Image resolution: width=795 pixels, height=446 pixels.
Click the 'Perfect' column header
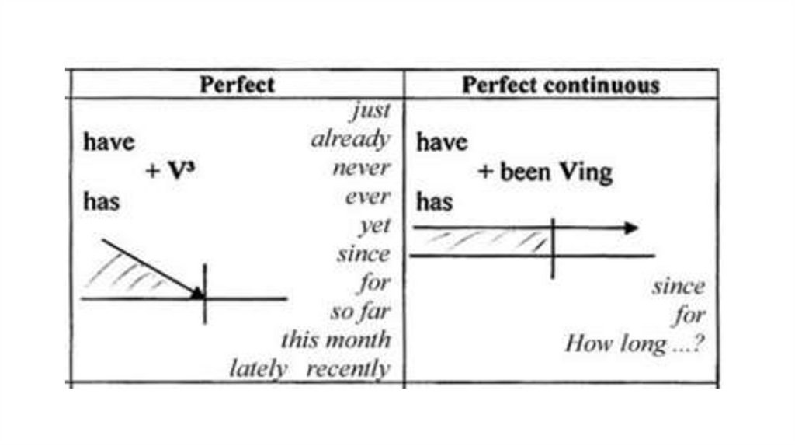coord(237,84)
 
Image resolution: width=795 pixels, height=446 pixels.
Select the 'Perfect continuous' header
coord(561,85)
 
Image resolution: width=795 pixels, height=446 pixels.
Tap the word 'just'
coord(370,111)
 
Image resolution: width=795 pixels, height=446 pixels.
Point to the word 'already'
coord(350,140)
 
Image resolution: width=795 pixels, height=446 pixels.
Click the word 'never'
coord(361,169)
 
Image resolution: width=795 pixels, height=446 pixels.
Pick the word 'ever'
coord(367,197)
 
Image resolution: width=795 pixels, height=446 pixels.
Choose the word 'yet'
coord(374,226)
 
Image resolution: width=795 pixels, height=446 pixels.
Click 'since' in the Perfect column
coord(363,254)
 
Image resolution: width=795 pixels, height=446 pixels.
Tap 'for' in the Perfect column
coord(373,283)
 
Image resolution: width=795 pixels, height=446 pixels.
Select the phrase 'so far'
coord(360,312)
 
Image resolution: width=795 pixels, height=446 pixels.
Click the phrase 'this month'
coord(335,340)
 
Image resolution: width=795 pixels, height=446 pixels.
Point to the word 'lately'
coord(258,368)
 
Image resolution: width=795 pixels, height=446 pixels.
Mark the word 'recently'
coord(348,368)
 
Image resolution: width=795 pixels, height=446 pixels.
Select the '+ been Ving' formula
coord(545,172)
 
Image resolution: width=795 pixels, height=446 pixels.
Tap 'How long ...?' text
coord(634,343)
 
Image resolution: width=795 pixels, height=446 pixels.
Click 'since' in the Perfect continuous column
coord(678,287)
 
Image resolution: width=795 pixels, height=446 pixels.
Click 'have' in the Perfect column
coord(109,142)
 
